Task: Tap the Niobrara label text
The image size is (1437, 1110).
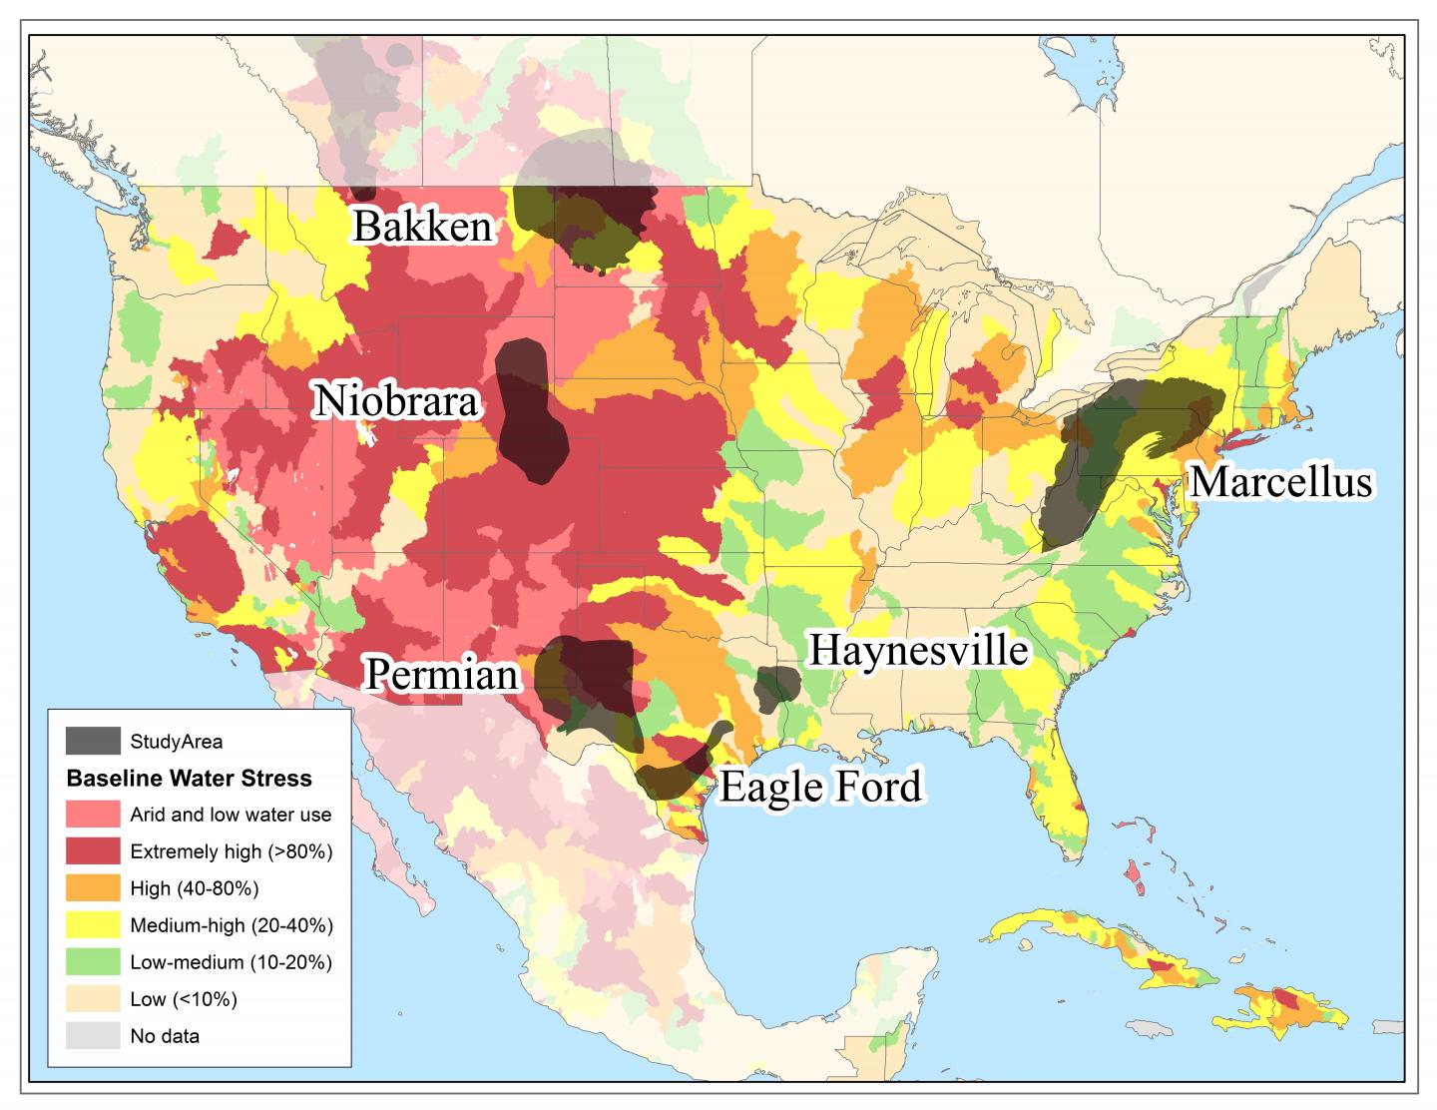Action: pyautogui.click(x=397, y=402)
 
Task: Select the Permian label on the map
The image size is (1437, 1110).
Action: pyautogui.click(x=442, y=675)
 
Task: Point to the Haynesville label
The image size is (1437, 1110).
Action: pyautogui.click(x=917, y=651)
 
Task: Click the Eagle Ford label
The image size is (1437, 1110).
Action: pyautogui.click(x=819, y=788)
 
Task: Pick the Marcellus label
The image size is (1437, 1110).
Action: pyautogui.click(x=1281, y=483)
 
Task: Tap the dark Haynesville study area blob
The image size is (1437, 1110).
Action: pyautogui.click(x=775, y=687)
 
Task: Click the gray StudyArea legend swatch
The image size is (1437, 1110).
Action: pyautogui.click(x=93, y=741)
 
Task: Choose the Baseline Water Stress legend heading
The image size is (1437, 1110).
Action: pyautogui.click(x=189, y=779)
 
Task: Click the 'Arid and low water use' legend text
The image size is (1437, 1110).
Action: pyautogui.click(x=231, y=815)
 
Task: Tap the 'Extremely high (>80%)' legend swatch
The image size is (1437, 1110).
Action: pyautogui.click(x=93, y=851)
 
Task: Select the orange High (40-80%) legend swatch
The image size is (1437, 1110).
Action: pyautogui.click(x=93, y=888)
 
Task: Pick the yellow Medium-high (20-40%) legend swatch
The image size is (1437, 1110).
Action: pyautogui.click(x=93, y=925)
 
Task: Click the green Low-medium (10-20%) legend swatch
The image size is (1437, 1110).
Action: pyautogui.click(x=93, y=962)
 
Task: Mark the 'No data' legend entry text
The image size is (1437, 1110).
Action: pyautogui.click(x=165, y=1036)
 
